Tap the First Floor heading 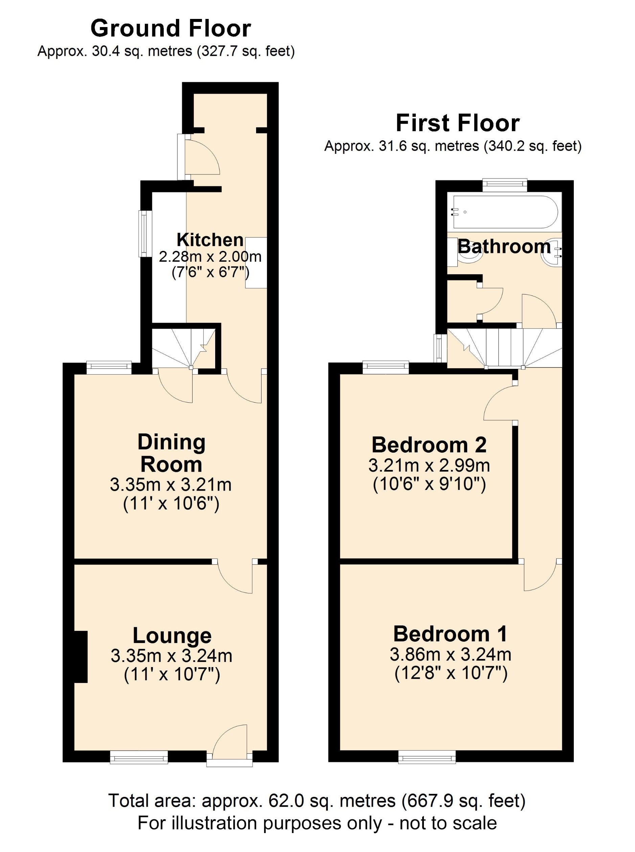tap(457, 123)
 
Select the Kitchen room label tap(210, 240)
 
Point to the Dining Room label tap(172, 453)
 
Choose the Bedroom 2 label tap(429, 445)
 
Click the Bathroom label tap(504, 246)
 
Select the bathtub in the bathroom tap(505, 212)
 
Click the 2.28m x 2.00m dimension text tap(210, 257)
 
